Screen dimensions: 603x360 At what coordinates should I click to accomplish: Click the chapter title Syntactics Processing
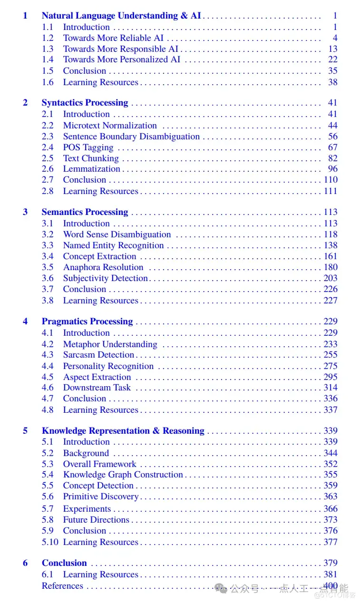click(85, 103)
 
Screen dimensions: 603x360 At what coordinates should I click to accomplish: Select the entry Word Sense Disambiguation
click(117, 234)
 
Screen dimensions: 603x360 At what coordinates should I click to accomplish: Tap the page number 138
click(331, 245)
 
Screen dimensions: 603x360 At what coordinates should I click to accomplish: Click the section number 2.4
click(48, 147)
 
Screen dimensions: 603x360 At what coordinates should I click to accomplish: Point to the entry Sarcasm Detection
click(98, 355)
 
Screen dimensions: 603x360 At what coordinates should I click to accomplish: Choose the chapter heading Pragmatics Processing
click(87, 321)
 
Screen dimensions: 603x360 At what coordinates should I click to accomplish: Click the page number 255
click(331, 355)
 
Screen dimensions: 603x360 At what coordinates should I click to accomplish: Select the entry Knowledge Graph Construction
click(123, 475)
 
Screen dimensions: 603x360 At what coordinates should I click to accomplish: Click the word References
click(62, 586)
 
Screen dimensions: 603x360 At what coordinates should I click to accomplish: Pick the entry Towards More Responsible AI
click(121, 49)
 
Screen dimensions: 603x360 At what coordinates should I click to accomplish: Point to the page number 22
click(333, 59)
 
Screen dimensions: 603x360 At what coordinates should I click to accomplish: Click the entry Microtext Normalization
click(110, 126)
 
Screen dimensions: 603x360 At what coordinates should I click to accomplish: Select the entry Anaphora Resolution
click(103, 267)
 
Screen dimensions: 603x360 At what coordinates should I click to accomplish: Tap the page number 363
click(331, 496)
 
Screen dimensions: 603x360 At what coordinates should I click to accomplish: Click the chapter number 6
click(25, 563)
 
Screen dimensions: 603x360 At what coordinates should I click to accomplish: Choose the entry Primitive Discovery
click(101, 496)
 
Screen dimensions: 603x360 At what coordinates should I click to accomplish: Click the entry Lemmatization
click(92, 169)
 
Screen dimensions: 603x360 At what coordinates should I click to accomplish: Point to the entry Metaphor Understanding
click(110, 344)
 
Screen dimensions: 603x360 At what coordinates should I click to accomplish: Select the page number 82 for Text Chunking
click(333, 158)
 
